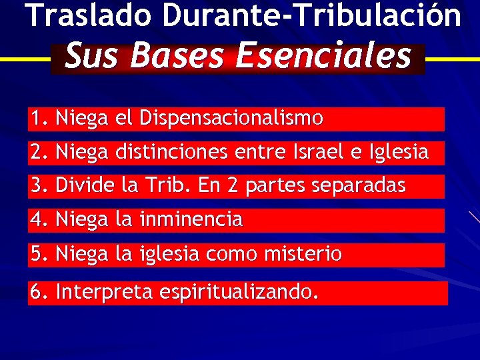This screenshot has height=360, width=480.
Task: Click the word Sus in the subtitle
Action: click(93, 56)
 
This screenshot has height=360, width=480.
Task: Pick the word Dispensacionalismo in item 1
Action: click(231, 119)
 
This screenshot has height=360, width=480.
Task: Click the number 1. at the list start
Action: click(39, 119)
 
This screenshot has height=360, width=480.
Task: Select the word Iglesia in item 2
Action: click(396, 153)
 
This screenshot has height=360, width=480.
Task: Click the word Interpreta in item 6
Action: click(106, 292)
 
